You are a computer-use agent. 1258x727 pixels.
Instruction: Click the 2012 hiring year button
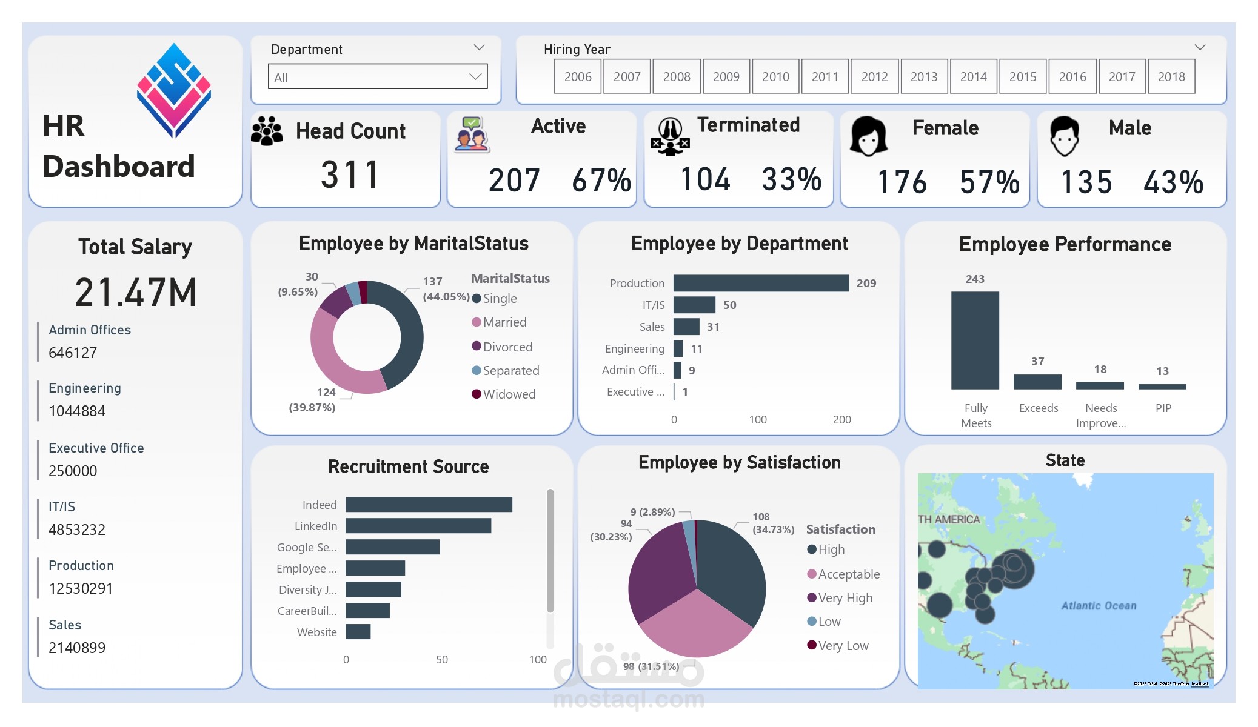point(874,77)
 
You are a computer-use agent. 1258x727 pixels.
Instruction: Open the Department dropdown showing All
point(377,77)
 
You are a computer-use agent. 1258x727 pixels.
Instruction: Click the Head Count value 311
point(350,175)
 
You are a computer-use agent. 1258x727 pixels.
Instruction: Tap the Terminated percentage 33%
point(791,180)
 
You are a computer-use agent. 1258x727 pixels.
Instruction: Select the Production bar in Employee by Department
point(760,283)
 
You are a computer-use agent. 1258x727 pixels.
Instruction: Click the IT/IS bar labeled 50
point(694,305)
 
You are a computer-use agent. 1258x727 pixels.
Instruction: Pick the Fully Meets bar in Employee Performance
point(974,340)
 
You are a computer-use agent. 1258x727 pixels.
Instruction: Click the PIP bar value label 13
point(1162,371)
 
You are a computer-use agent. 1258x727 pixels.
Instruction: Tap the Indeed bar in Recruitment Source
point(429,505)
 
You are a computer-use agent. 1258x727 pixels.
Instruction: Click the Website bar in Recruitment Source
point(358,632)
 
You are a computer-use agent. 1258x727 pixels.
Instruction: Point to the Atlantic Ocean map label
point(1098,606)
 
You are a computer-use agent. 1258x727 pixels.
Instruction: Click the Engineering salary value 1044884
point(77,411)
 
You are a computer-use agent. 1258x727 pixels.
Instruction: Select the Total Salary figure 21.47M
point(135,293)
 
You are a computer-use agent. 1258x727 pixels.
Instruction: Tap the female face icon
point(868,136)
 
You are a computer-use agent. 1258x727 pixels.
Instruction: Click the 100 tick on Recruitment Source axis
point(537,660)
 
